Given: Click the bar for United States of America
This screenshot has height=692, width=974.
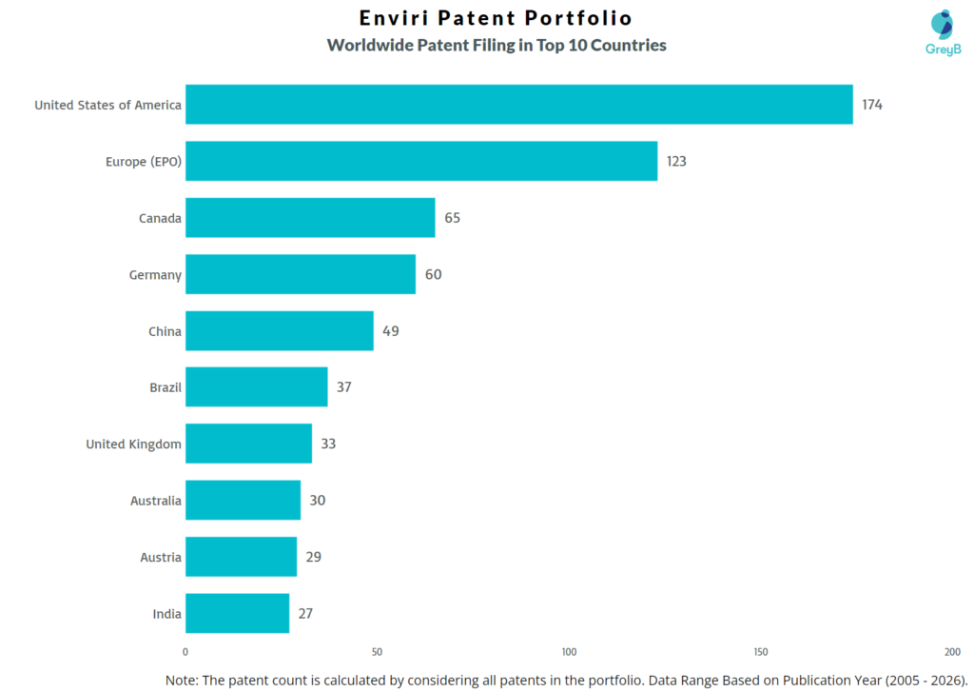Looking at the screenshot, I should click(x=518, y=105).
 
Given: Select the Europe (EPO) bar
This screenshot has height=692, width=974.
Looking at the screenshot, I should click(x=420, y=161).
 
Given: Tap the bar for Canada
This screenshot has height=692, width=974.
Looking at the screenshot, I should click(x=309, y=218).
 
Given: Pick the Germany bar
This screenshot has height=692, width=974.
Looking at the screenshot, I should click(x=300, y=274).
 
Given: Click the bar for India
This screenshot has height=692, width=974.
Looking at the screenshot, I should click(x=237, y=614).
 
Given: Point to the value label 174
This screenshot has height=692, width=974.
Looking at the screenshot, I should click(x=872, y=105).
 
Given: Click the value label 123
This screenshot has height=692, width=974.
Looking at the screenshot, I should click(x=675, y=161).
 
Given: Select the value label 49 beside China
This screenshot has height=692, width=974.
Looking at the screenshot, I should click(x=391, y=331).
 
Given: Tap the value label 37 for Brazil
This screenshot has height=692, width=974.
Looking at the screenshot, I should click(x=344, y=387).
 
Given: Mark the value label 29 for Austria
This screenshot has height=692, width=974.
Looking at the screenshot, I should click(x=313, y=557).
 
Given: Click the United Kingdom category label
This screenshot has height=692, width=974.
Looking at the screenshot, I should click(x=133, y=445).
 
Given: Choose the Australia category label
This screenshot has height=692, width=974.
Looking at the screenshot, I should click(x=155, y=501).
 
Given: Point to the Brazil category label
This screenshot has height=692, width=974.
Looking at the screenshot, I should click(x=165, y=387).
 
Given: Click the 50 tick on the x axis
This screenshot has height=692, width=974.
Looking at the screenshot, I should click(x=377, y=652).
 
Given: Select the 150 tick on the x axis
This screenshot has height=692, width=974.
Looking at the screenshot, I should click(x=760, y=652).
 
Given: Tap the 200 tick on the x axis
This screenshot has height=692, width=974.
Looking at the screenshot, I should click(x=952, y=652).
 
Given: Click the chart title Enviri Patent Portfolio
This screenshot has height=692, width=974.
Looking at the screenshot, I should click(x=496, y=18).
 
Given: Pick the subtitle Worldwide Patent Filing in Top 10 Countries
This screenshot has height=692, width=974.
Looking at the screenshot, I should click(x=496, y=45).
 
